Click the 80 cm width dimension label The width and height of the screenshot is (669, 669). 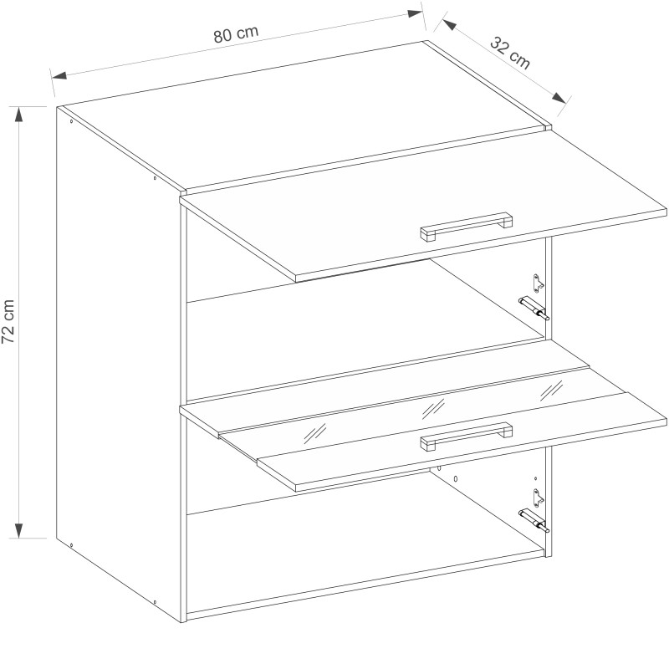[236, 34]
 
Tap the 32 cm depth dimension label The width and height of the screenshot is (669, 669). [510, 54]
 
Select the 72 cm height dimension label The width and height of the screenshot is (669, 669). [8, 321]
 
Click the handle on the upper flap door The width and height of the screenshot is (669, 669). [467, 227]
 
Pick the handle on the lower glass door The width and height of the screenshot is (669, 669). [467, 436]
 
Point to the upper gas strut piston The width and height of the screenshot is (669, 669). [534, 308]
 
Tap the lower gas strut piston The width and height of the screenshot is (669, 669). [534, 520]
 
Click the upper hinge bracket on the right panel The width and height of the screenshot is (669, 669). [539, 283]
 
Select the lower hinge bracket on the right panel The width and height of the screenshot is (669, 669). [539, 498]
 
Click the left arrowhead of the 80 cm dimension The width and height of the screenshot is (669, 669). [59, 76]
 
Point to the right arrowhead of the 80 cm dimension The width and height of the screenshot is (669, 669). [415, 13]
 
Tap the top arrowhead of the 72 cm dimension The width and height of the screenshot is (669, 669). [18, 115]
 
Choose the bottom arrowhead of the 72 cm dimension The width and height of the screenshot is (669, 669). [18, 530]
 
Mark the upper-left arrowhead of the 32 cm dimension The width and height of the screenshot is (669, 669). [450, 25]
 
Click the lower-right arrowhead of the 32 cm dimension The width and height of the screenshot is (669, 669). [559, 98]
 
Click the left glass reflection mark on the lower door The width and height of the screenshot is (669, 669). [314, 434]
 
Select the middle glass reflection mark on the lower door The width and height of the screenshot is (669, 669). [433, 410]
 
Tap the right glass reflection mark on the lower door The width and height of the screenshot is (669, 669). [552, 390]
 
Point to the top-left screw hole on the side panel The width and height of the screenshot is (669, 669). [71, 121]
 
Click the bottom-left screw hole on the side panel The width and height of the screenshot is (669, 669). [71, 545]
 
